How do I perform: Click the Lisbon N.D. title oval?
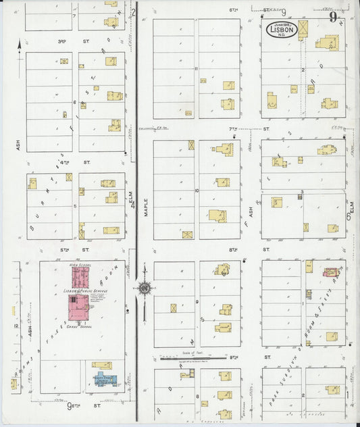coord(281,30)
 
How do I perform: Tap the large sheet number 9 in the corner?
coord(333,18)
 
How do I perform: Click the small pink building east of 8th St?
coord(330,272)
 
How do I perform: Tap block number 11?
coord(195,68)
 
